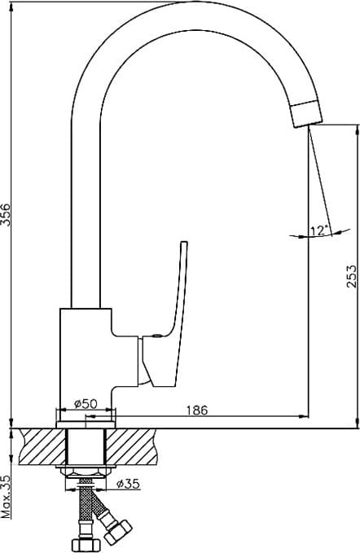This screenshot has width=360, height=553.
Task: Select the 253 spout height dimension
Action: (x=351, y=276)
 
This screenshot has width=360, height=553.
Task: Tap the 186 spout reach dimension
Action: (x=197, y=410)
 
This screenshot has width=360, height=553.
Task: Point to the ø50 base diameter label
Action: (x=86, y=403)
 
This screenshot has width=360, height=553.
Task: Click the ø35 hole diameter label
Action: (x=129, y=484)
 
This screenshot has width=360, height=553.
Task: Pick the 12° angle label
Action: (x=319, y=230)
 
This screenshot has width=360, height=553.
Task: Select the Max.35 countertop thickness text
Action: (x=6, y=496)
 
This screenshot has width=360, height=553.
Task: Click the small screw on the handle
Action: (x=157, y=336)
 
